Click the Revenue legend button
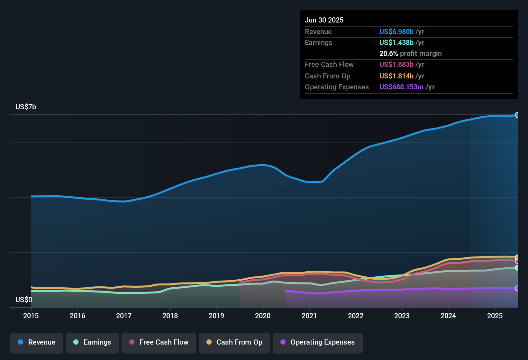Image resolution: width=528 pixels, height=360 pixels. coord(37,342)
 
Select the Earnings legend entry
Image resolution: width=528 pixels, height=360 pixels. coord(92,342)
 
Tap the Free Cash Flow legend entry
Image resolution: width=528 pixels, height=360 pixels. coord(159,342)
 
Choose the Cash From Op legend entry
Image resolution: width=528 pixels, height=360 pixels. coord(234,342)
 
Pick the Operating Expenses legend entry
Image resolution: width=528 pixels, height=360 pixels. coord(318,342)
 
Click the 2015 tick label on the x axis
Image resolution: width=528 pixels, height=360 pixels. coord(31,316)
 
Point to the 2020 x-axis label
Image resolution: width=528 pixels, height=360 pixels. coord(263,316)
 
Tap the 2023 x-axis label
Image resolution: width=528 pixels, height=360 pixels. coord(402,316)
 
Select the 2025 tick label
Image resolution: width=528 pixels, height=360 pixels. coord(495,316)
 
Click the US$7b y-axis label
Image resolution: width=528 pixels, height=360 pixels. coord(26,107)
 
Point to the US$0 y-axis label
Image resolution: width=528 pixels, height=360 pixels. coord(24,300)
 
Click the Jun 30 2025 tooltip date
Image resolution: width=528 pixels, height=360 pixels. coord(324,20)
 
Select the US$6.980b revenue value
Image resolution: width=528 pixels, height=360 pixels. coord(396,32)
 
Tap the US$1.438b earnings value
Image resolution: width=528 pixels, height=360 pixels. coord(396,42)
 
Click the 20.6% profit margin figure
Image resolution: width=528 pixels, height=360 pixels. coord(388,53)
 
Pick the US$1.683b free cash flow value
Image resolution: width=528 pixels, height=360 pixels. coord(396,64)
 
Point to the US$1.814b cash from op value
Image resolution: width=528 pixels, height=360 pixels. coord(396,76)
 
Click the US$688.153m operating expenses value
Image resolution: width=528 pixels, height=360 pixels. coord(401,87)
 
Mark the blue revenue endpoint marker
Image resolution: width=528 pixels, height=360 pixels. coord(517,115)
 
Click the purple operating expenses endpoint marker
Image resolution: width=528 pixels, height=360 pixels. coord(517,288)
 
